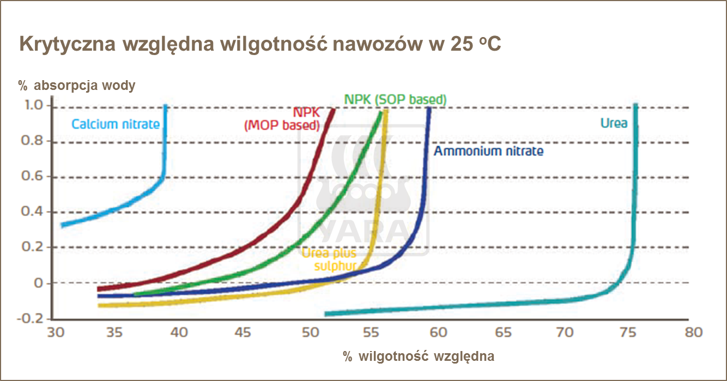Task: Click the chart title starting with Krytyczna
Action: tap(260, 45)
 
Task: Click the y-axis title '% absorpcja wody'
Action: tap(77, 86)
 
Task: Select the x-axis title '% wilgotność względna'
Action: tap(419, 356)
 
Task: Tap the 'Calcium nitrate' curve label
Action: tap(116, 124)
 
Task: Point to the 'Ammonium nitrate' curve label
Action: tap(488, 151)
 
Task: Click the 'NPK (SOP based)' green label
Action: tap(395, 100)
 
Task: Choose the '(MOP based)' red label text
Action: tap(281, 125)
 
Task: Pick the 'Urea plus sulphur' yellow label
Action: tap(329, 259)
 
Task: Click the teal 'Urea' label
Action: tap(614, 123)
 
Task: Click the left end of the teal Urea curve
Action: tap(326, 314)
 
